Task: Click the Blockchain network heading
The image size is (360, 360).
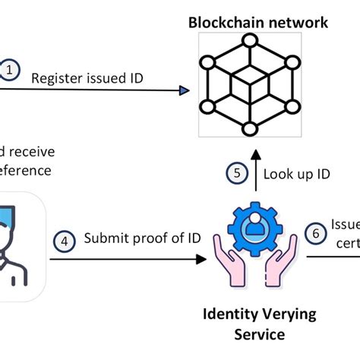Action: [x=258, y=22]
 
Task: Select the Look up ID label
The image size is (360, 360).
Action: [x=296, y=174]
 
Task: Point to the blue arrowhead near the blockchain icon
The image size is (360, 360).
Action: [x=184, y=91]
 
